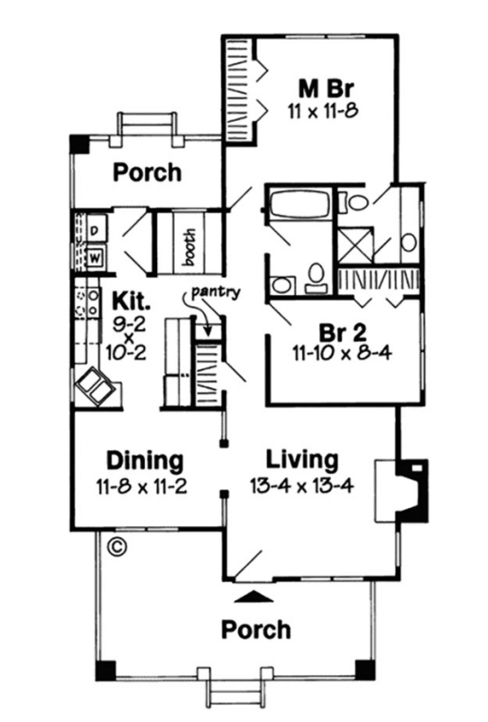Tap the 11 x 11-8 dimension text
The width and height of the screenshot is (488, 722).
323,111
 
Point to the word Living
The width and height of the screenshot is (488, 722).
302,459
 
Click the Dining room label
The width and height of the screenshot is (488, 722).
145,460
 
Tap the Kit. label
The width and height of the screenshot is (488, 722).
131,301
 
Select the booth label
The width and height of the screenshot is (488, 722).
189,247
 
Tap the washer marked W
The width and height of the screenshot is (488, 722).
96,257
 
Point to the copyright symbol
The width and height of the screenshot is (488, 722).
116,547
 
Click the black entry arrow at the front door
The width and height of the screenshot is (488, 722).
253,597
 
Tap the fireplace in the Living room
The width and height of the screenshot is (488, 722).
402,490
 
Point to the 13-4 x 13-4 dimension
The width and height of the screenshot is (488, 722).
301,486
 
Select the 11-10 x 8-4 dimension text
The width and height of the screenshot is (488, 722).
342,353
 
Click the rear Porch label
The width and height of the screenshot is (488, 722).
147,172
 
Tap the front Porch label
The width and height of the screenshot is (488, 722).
256,629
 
